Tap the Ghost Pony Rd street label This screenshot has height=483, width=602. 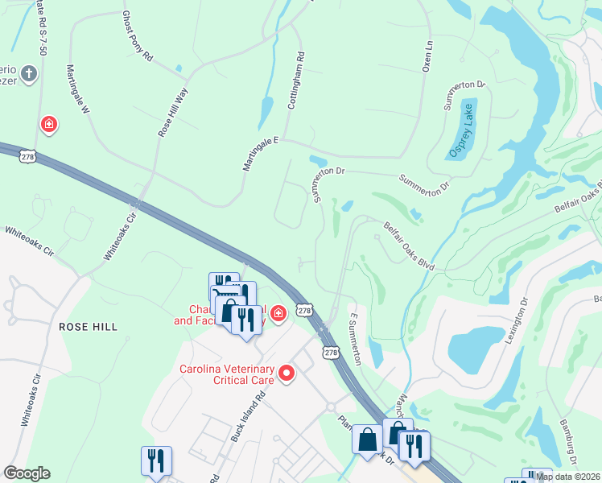(137, 36)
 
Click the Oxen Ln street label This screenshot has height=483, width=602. (428, 56)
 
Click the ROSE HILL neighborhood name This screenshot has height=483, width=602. (88, 327)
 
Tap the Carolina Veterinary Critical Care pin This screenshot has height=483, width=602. (286, 373)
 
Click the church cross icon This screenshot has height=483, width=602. (29, 75)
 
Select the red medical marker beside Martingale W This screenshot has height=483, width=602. (49, 124)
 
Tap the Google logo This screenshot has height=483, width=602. (27, 473)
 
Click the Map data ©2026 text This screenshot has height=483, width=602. (568, 477)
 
